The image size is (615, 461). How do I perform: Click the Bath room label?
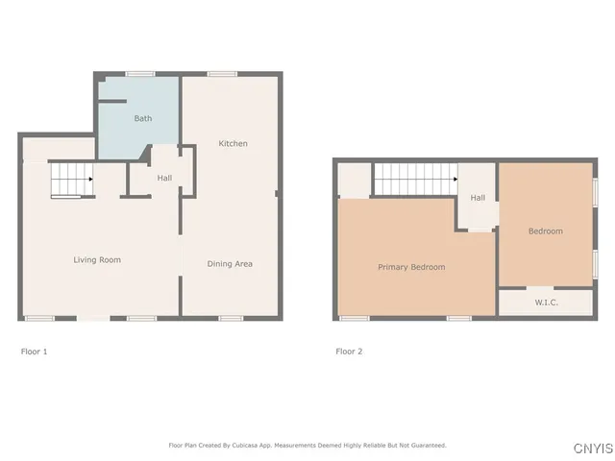[142, 119]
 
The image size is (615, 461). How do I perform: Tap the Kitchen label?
[233, 144]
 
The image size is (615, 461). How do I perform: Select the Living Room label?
[97, 259]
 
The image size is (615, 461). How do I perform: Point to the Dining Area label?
[230, 263]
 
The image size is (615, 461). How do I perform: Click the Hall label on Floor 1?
[164, 178]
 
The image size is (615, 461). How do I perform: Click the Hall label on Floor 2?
[478, 198]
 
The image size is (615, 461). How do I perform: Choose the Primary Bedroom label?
[411, 267]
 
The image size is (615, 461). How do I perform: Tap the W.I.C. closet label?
[546, 303]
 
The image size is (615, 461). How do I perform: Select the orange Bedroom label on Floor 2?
[545, 230]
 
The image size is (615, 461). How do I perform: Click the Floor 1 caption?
[34, 352]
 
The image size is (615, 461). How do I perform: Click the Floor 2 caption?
[349, 352]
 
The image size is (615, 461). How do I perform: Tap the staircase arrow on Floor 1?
[90, 179]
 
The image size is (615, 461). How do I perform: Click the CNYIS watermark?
[591, 449]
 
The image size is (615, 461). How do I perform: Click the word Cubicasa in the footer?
[253, 445]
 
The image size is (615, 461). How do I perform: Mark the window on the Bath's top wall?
[140, 73]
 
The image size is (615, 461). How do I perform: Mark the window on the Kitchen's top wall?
[224, 73]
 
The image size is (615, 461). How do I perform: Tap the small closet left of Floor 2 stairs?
[355, 180]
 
